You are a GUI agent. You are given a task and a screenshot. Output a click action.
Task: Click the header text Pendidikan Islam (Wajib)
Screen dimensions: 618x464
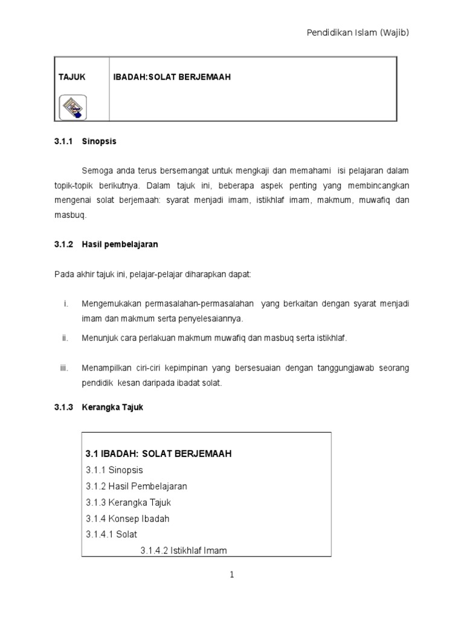[x=358, y=33]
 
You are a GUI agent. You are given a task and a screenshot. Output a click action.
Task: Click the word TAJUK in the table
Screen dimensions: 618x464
[x=71, y=77]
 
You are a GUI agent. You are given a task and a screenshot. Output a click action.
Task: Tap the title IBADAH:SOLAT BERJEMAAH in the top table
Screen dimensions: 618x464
[x=172, y=77]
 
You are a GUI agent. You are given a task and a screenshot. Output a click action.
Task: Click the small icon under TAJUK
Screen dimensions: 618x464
[x=72, y=107]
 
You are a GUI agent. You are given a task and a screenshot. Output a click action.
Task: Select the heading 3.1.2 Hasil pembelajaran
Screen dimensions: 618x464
[x=106, y=244]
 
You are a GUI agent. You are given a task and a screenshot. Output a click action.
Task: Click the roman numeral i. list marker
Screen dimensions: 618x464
[x=65, y=303]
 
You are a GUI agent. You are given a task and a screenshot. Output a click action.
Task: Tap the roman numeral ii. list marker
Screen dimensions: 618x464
[x=65, y=339]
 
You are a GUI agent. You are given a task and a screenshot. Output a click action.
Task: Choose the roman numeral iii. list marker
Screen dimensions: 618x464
[x=64, y=368]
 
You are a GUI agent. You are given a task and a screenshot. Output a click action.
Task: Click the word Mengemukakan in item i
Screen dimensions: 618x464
[x=110, y=303]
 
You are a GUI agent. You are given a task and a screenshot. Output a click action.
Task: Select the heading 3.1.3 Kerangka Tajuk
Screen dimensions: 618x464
[x=99, y=407]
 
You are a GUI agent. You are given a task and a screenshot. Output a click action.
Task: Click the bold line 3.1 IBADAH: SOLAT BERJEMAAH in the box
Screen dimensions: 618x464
[x=159, y=453]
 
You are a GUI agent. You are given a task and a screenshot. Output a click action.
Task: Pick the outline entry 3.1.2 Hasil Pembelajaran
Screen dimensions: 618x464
[x=136, y=486]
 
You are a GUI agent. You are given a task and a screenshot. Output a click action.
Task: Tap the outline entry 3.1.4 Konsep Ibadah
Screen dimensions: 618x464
[x=127, y=518]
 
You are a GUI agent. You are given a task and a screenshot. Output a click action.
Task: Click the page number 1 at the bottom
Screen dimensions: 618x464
[x=231, y=575]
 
